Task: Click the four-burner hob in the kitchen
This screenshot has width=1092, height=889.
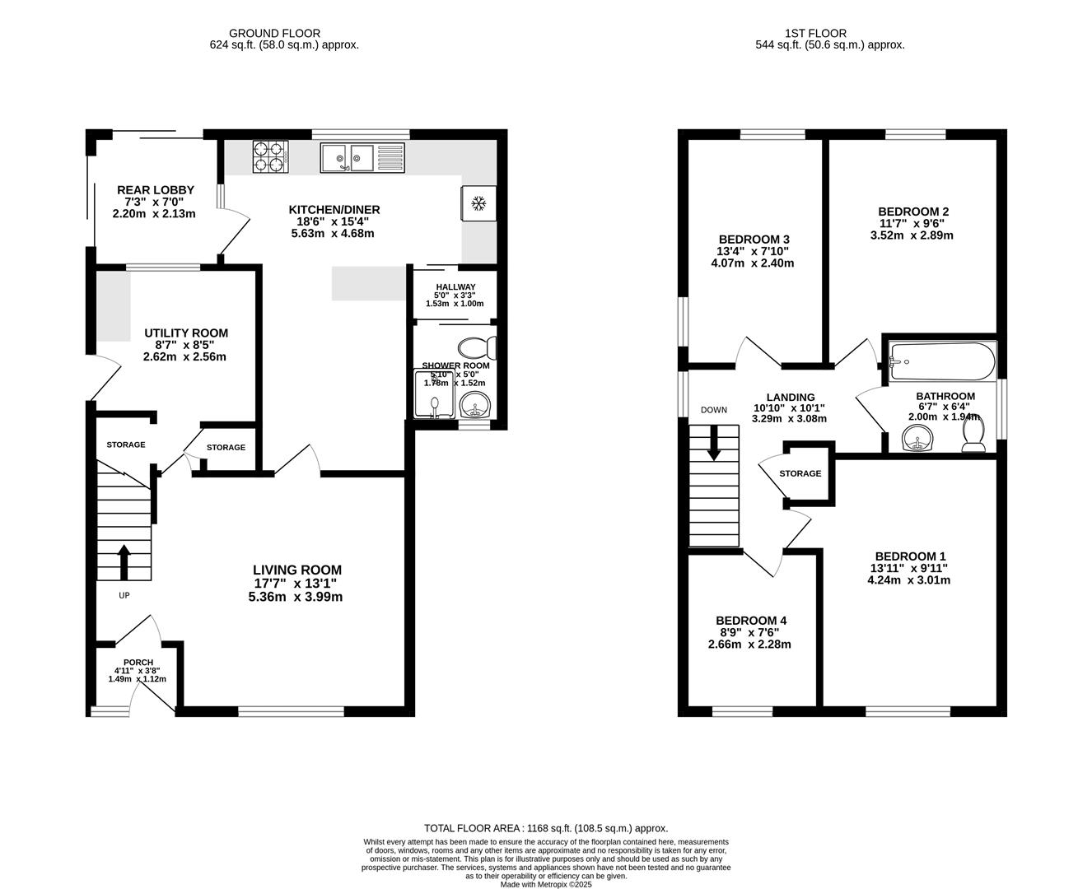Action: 271,157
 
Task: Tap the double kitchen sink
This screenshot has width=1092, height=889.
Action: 348,157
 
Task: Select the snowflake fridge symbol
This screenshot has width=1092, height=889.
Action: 478,203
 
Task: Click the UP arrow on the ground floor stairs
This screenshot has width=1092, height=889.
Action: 124,562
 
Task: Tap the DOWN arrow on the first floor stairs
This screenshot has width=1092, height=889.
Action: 713,442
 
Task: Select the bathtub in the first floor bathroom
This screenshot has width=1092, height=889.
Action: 941,361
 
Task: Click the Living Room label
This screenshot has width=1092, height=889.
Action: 296,570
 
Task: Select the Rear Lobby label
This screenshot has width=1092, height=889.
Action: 155,190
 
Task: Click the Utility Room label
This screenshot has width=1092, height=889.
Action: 186,333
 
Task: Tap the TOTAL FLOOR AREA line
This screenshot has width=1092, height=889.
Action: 545,828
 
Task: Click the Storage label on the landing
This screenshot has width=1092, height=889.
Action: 800,473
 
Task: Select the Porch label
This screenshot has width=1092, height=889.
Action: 138,663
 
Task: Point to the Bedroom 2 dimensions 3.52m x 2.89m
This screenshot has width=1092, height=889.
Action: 912,235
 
